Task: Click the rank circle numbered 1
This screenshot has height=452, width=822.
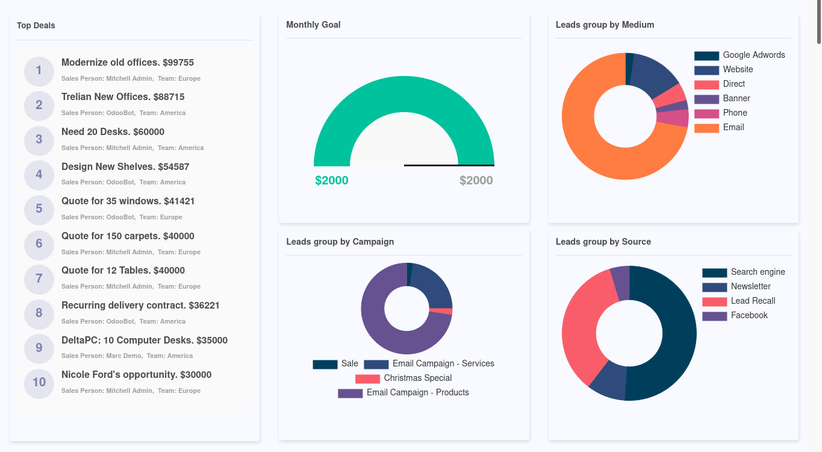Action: tap(39, 71)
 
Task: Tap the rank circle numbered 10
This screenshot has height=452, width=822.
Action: tap(39, 383)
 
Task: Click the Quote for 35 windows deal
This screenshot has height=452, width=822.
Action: tap(128, 201)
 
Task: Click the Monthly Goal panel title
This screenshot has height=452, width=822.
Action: tap(313, 25)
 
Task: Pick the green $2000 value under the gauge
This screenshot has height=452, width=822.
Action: tap(332, 181)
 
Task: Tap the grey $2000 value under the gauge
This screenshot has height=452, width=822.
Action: tap(476, 181)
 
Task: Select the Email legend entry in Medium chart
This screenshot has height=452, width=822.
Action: tap(733, 128)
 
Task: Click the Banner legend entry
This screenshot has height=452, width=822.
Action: tap(736, 99)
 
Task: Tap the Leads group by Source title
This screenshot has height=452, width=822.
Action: tap(603, 242)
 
